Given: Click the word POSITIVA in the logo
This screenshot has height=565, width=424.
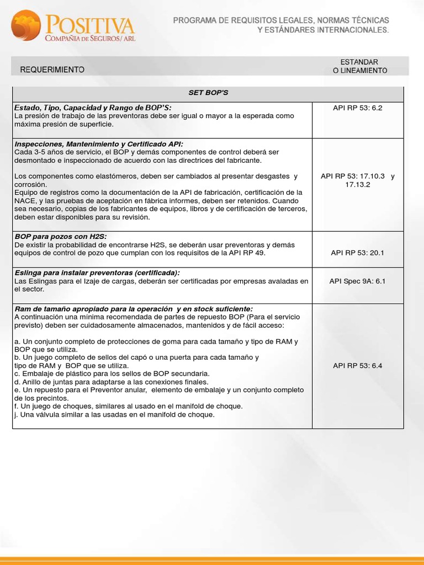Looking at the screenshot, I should [x=90, y=25].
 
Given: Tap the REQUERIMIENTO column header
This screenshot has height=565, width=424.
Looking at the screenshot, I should [x=52, y=70].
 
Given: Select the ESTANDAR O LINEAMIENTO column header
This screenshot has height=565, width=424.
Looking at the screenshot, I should [x=359, y=66].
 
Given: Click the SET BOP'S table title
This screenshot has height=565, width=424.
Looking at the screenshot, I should [x=208, y=93].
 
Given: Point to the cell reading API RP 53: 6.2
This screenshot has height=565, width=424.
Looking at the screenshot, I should [x=358, y=108].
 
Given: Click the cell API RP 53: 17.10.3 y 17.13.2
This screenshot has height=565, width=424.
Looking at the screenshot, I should [x=358, y=180].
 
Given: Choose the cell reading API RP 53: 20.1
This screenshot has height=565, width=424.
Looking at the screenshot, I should [x=358, y=253].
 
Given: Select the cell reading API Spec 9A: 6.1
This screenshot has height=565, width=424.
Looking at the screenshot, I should [x=358, y=281].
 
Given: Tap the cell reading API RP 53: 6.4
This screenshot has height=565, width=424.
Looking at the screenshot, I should [x=358, y=365].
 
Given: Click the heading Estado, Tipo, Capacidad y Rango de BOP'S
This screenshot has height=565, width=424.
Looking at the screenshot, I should [x=93, y=107].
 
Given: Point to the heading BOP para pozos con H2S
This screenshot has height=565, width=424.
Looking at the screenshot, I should [x=60, y=236].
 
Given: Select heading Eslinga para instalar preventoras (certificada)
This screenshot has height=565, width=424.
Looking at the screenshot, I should [x=97, y=273].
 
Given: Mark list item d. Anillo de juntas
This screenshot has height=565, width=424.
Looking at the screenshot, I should [x=111, y=381].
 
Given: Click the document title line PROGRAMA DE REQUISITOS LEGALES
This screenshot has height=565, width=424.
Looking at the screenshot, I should [x=281, y=20].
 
